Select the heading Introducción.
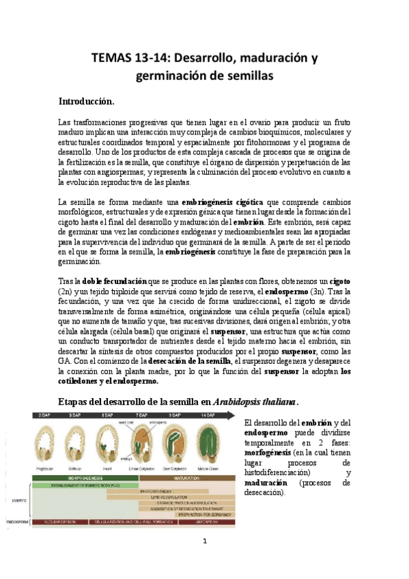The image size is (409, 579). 85,101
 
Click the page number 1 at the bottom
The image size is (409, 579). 204,542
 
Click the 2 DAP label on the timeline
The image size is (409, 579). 45,414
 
